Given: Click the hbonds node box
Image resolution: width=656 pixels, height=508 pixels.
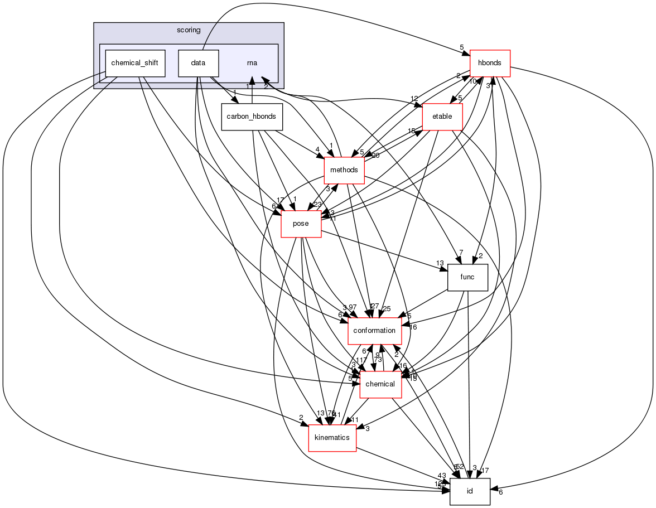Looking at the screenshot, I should point(490,64).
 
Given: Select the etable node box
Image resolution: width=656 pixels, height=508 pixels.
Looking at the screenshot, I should point(442,117).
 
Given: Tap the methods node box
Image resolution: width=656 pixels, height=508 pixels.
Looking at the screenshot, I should point(344,170).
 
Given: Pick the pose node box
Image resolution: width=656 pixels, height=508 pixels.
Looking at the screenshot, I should point(301,224).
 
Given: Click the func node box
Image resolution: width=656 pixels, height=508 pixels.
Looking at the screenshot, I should point(467,277).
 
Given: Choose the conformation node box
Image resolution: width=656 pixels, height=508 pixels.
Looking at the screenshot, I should point(374,331).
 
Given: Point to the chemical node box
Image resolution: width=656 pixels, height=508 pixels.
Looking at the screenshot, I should point(380,384).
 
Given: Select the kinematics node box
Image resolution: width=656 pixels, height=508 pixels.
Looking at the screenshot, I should point(332,438).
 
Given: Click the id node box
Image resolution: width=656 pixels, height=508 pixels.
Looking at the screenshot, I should point(470,491).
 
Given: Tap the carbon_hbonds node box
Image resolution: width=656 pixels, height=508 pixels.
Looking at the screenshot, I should point(252,117).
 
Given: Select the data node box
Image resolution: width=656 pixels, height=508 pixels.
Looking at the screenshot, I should point(198,64).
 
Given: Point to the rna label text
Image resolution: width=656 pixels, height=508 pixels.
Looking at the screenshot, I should point(252,64).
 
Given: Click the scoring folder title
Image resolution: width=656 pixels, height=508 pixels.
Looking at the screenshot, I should point(189,30).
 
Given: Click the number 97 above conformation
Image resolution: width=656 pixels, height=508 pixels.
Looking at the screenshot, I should point(353,308).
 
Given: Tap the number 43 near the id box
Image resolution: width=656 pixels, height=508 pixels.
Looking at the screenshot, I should point(442,476).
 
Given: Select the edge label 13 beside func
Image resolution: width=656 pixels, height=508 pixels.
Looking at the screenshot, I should point(440,263).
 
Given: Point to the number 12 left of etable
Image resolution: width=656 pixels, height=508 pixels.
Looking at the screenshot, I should point(414,99).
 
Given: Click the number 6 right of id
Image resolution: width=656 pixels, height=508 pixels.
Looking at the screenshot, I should point(500,492).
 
